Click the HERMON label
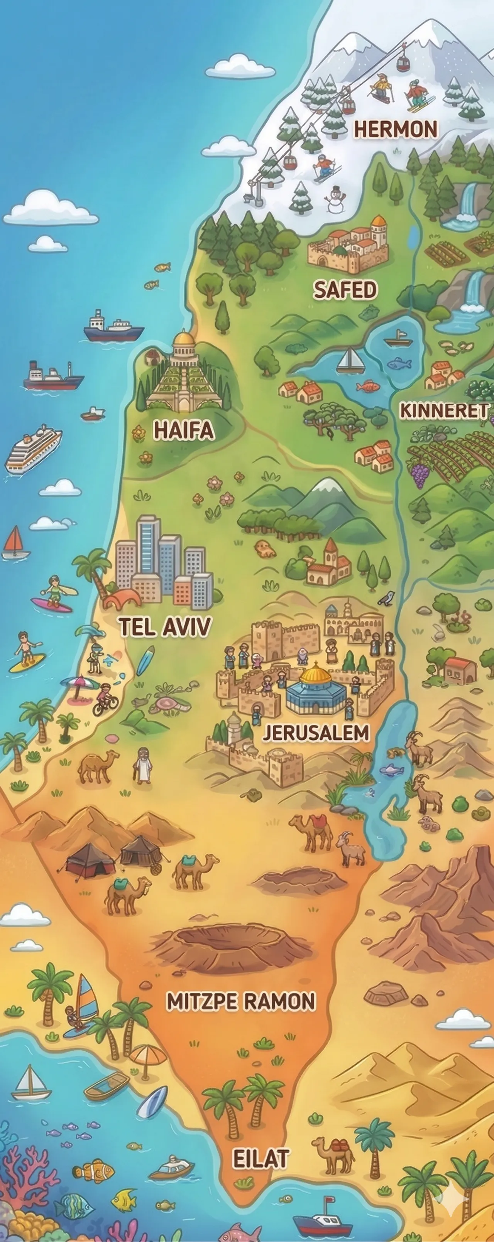tap(396, 129)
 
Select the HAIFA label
tap(184, 430)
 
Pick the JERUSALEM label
tap(316, 733)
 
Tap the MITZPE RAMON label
tap(241, 1001)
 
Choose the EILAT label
tap(261, 1159)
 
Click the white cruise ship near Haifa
tap(33, 448)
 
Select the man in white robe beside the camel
tap(141, 765)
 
